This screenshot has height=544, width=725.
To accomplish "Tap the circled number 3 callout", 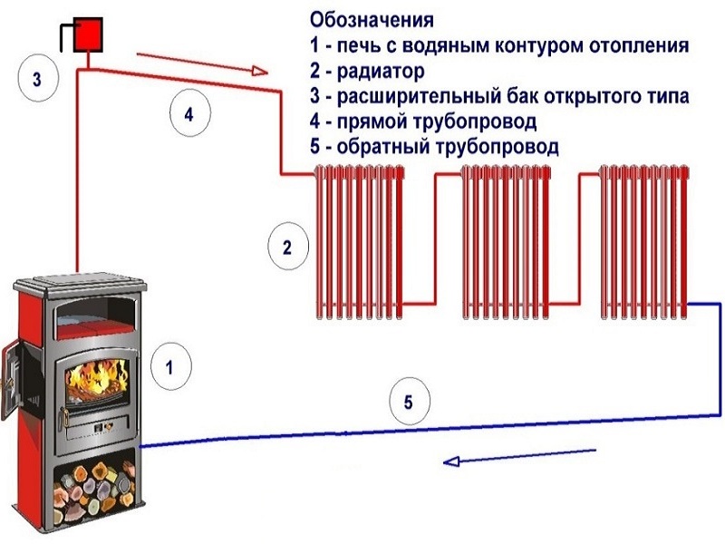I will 37,79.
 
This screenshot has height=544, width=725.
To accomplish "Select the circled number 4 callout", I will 188,115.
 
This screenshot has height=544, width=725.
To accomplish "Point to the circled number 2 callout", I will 287,247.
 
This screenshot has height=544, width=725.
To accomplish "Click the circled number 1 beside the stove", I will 168,366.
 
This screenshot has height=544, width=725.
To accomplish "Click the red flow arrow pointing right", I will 203,63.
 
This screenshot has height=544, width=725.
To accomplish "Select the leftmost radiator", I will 358,242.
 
